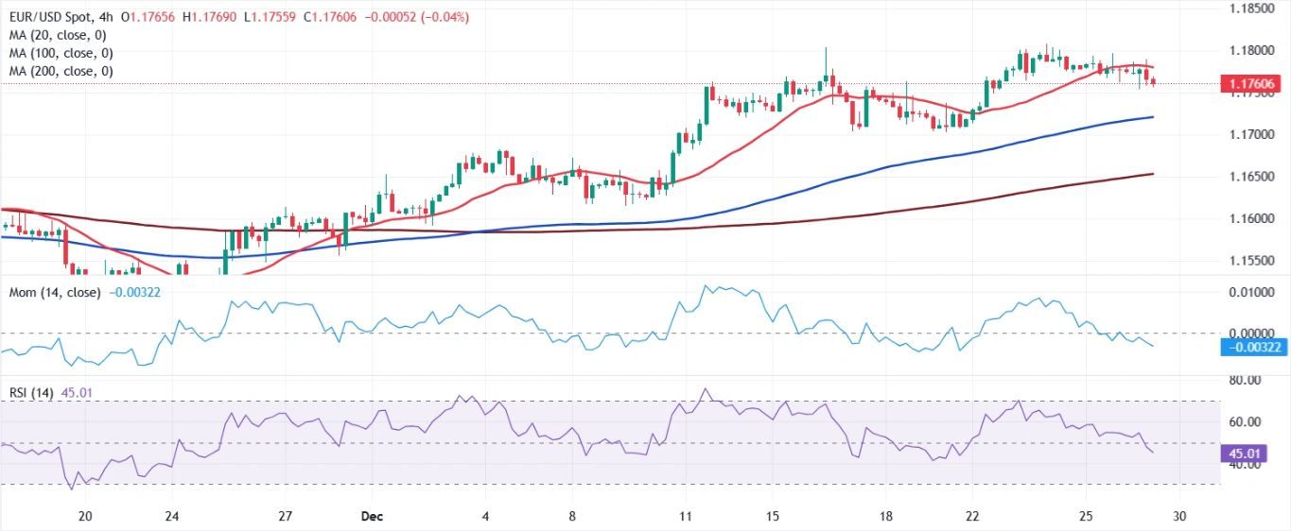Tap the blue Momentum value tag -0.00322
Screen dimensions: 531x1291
(1252, 348)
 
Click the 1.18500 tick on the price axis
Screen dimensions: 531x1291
(1251, 8)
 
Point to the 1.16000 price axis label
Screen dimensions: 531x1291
(1251, 219)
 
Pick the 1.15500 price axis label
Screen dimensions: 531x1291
(1251, 262)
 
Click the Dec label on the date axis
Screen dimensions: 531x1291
(371, 517)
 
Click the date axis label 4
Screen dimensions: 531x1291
(485, 517)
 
